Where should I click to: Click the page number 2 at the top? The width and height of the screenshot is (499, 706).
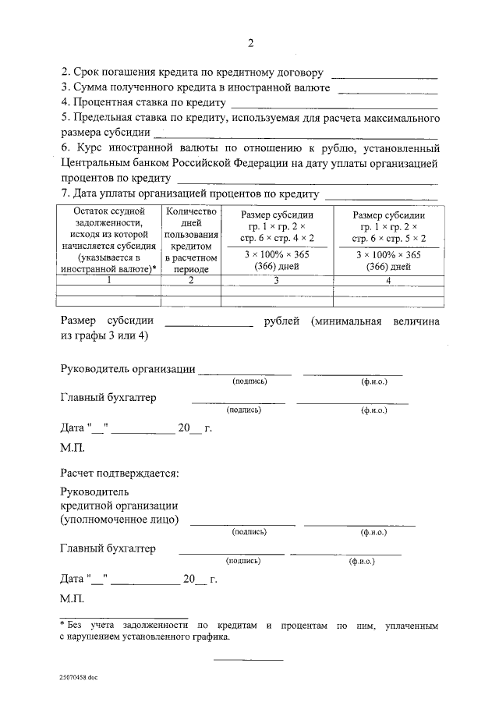pyautogui.click(x=249, y=43)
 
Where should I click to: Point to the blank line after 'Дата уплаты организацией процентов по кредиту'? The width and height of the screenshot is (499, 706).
pyautogui.click(x=380, y=196)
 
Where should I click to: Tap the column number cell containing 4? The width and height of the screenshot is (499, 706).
pyautogui.click(x=388, y=280)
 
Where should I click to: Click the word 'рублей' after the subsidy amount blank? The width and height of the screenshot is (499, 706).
pyautogui.click(x=282, y=321)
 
